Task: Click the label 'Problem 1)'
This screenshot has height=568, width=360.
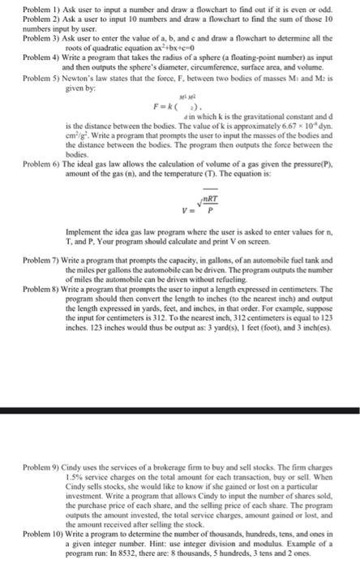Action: [x=19, y=6]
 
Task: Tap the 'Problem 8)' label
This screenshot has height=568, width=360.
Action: [x=19, y=312]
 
